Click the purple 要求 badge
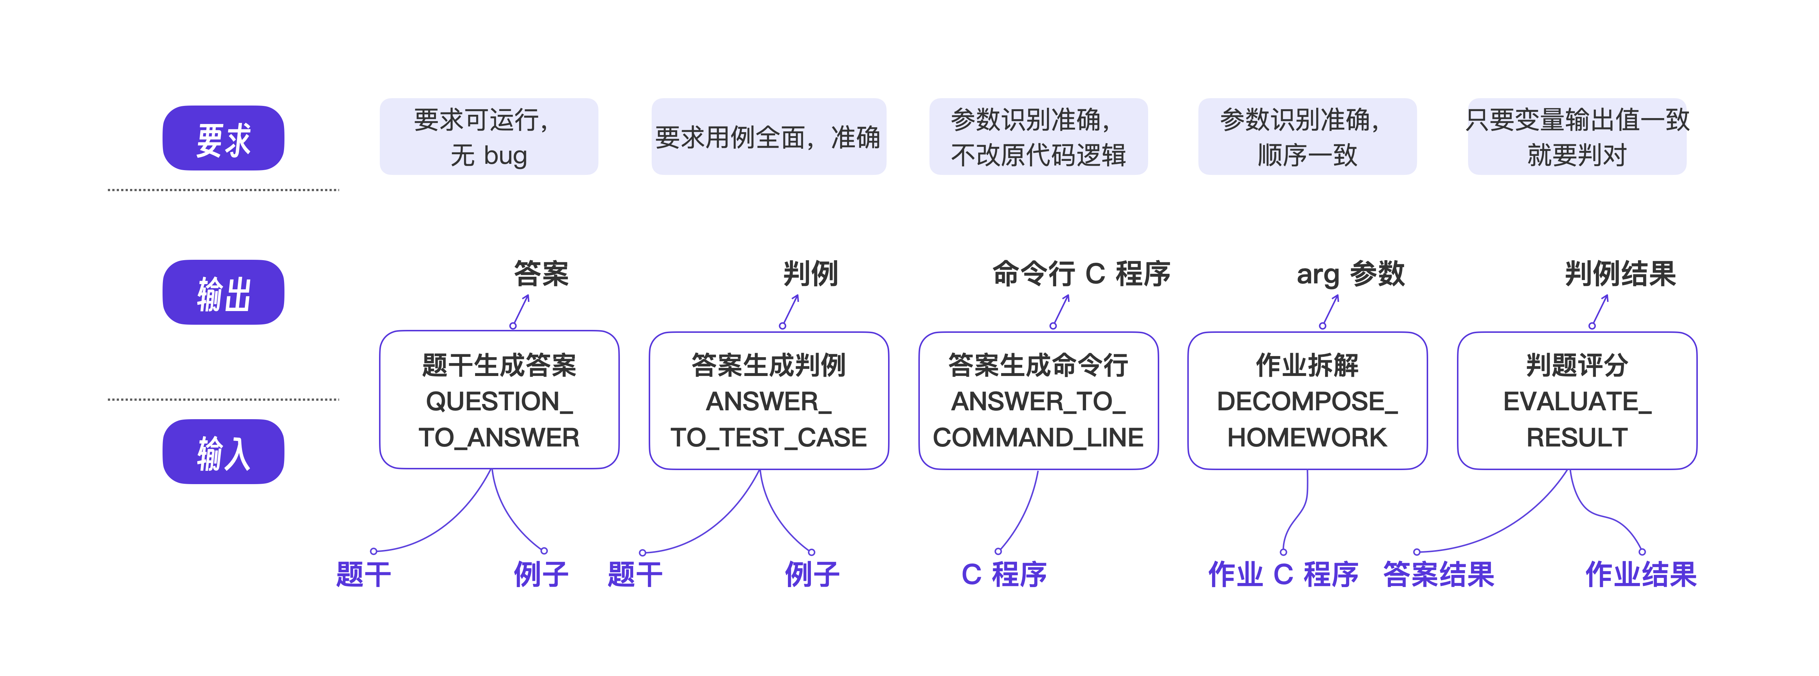point(223,138)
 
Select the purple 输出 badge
point(223,292)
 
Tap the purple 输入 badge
point(223,452)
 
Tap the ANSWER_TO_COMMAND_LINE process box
point(1038,400)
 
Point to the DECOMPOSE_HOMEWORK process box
point(1307,400)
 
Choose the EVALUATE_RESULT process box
point(1577,400)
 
